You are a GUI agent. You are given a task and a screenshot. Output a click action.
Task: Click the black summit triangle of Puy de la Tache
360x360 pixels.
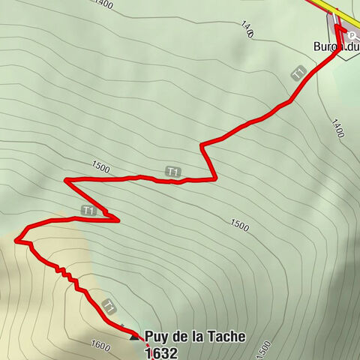point(135,337)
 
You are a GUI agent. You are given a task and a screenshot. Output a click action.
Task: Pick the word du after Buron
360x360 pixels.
point(353,46)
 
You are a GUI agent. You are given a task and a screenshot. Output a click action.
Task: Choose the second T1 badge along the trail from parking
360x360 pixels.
point(173,172)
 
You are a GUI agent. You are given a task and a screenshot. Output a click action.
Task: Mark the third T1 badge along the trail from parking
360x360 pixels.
point(88,211)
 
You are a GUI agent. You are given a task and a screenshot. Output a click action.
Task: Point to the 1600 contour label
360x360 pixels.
point(100,345)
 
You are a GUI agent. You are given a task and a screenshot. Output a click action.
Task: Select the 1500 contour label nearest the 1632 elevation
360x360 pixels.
point(262,349)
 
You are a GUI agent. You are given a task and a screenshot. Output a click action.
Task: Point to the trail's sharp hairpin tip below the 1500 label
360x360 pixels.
point(65,180)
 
